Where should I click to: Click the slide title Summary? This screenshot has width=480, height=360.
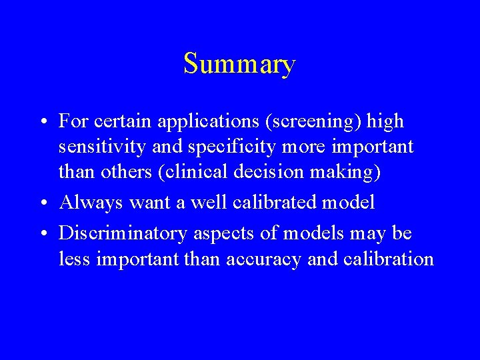coord(239,64)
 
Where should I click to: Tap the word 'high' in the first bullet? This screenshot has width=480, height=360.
coord(387,122)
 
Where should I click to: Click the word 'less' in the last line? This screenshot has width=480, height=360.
coord(73,258)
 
